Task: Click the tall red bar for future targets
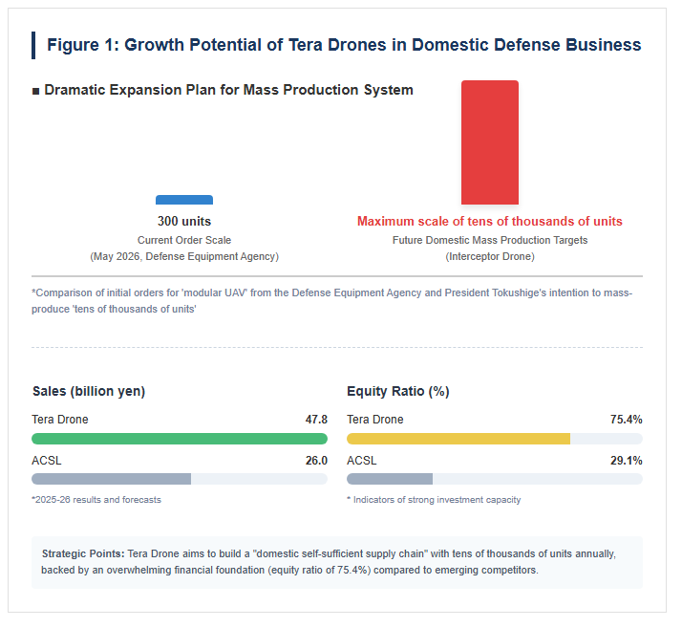coord(490,142)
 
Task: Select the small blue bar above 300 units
coord(184,200)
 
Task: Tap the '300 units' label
coord(184,221)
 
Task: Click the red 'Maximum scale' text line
coord(490,221)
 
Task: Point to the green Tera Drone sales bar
coord(180,439)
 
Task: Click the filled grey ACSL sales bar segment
coord(112,479)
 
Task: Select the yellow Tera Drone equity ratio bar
coord(458,439)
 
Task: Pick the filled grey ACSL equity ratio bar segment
coord(390,479)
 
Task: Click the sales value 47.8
coord(316,420)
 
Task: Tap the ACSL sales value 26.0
coord(316,461)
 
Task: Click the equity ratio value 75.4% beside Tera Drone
coord(627,420)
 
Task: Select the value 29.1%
coord(627,461)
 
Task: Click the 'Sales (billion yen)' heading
coord(89,391)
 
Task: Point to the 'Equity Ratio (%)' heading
coord(398,391)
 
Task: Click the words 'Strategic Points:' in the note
coord(83,553)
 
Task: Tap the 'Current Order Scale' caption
coord(184,240)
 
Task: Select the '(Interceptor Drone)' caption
coord(490,256)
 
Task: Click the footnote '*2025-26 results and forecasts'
coord(96,500)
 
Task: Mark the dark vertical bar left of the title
coord(33,45)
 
